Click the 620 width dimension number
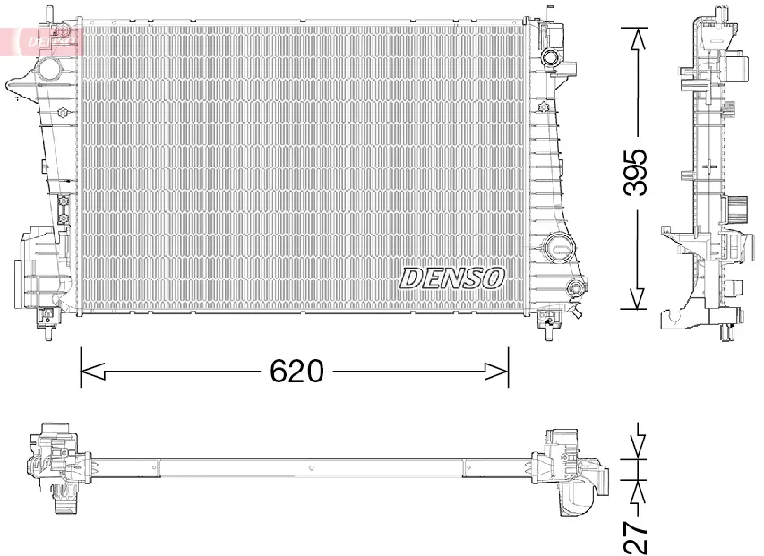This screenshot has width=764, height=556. click(x=296, y=370)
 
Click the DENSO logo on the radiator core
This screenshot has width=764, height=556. click(x=452, y=278)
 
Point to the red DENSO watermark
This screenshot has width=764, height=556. click(x=45, y=40)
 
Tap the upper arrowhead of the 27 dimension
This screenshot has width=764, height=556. click(x=636, y=447)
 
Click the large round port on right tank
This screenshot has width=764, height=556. click(x=557, y=244)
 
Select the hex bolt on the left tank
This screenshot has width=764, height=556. click(x=63, y=113)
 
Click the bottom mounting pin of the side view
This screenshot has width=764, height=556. click(x=726, y=335)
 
